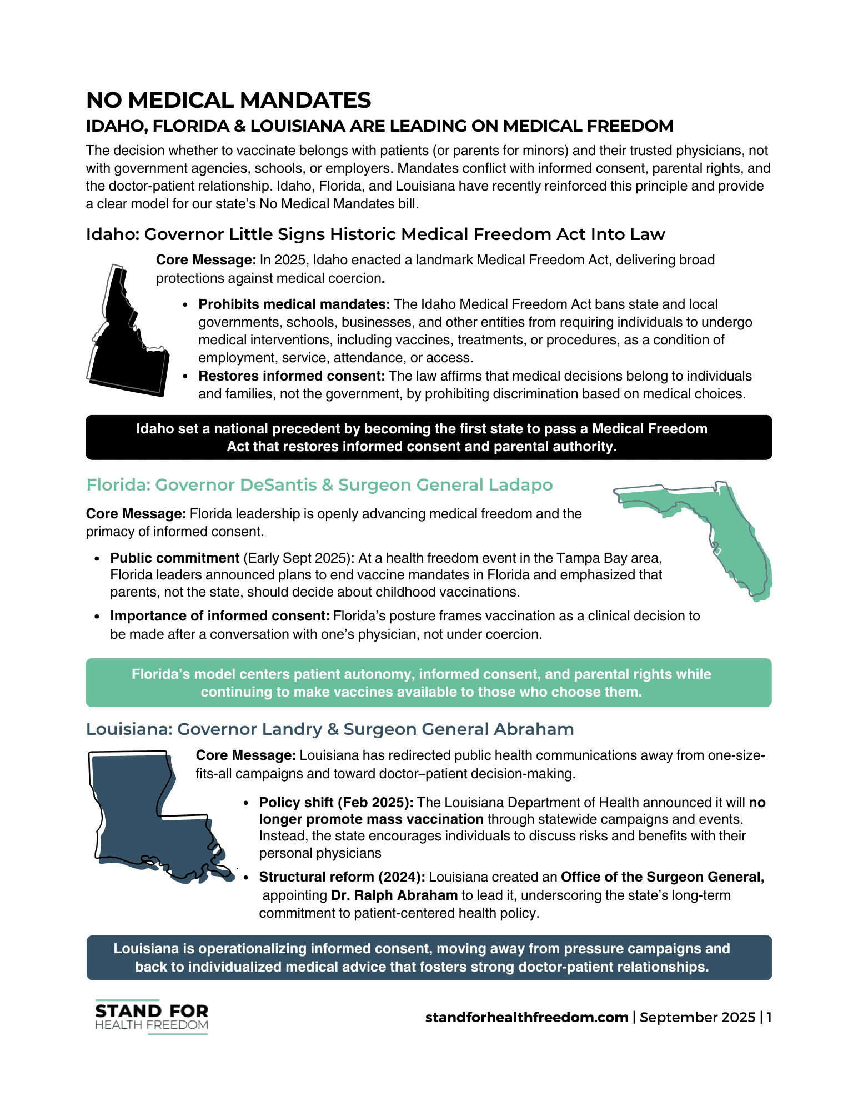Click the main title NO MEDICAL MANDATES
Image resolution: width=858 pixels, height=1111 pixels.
[x=228, y=101]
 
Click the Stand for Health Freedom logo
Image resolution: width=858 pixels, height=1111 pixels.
[x=151, y=1017]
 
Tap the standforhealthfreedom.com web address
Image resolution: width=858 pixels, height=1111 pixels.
[x=526, y=1017]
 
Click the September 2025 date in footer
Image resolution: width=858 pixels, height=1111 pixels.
[x=697, y=1017]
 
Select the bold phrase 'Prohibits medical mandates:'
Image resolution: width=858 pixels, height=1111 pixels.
[x=294, y=304]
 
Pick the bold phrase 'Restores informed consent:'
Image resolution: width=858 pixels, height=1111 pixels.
[x=292, y=376]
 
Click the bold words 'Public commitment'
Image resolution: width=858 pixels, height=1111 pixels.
[x=175, y=558]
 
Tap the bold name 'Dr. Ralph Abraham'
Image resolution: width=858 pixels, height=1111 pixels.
[x=394, y=895]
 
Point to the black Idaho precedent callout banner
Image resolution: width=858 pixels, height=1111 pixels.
[x=429, y=437]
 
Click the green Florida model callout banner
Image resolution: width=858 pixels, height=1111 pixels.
[x=429, y=683]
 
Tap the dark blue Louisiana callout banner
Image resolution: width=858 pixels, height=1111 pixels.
[x=429, y=958]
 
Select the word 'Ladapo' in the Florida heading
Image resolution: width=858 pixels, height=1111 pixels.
[x=520, y=485]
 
